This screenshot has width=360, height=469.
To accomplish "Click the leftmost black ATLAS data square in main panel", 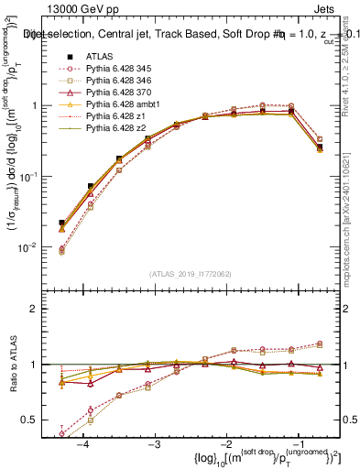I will click(61, 223).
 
